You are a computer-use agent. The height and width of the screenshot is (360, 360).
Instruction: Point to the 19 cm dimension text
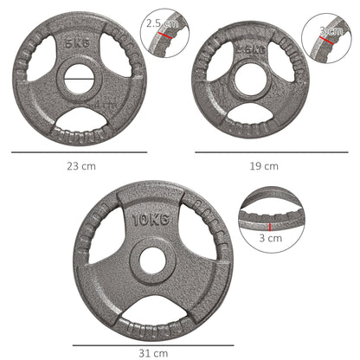pyautogui.click(x=265, y=165)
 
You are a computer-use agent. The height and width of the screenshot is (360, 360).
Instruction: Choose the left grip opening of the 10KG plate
pyautogui.click(x=106, y=242)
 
